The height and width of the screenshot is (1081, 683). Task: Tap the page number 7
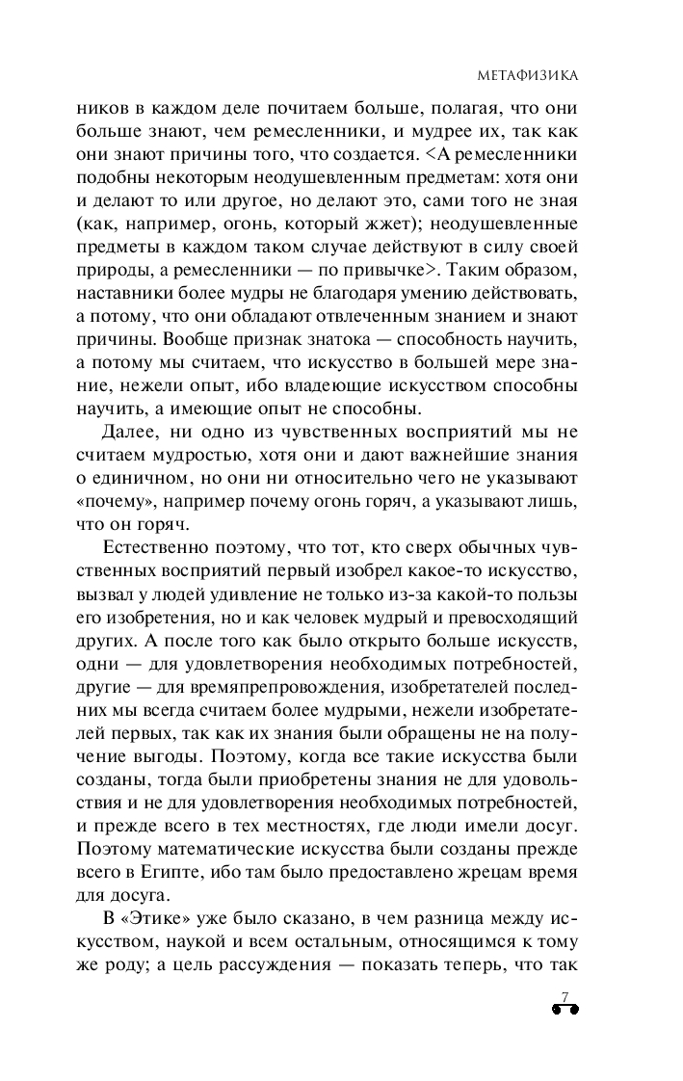click(x=565, y=995)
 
